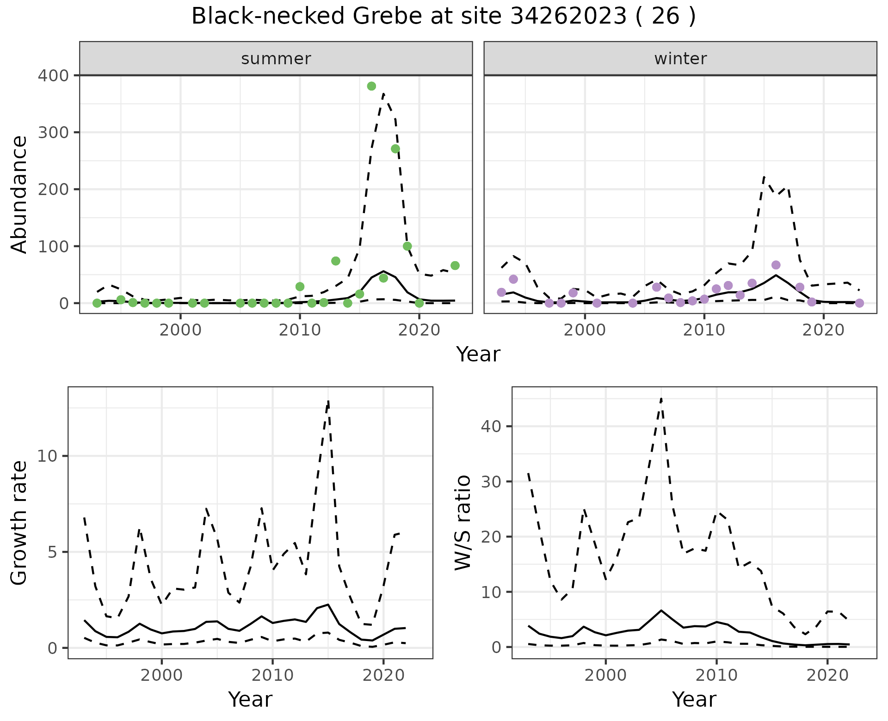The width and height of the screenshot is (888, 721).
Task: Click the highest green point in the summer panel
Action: point(371,86)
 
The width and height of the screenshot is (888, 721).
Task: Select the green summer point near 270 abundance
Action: point(395,149)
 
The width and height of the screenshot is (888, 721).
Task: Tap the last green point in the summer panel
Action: point(455,266)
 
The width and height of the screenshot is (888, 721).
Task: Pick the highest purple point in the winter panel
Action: point(776,265)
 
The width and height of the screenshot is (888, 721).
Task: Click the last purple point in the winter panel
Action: point(859,303)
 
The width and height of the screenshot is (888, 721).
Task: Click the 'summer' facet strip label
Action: point(276,59)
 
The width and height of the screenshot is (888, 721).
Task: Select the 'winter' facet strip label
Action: point(680,59)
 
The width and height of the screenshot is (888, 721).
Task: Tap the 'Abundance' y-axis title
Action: point(19,194)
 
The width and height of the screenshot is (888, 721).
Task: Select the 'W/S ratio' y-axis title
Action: point(463,522)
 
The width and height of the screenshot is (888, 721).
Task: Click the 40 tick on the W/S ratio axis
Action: point(491,426)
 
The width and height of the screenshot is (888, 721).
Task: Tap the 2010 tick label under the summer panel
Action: point(300,330)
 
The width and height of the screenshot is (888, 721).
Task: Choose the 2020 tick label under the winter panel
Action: point(823,330)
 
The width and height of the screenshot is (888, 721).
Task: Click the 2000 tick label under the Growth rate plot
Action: point(161,675)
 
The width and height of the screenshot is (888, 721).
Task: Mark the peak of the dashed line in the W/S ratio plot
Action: point(661,398)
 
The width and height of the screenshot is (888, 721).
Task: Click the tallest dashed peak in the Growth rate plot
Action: point(328,401)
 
